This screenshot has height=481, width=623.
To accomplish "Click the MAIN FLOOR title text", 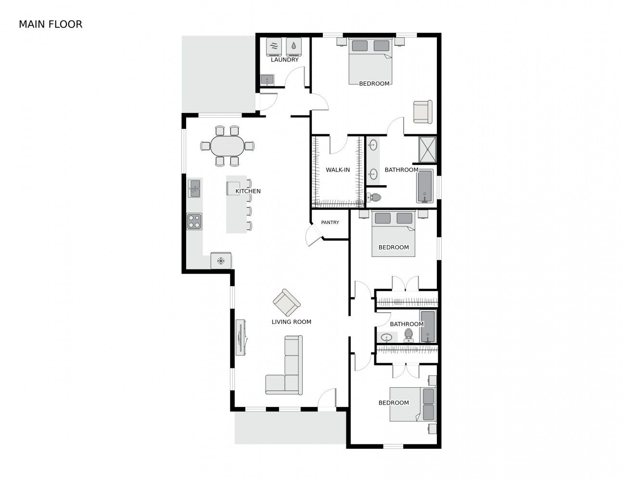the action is point(51,25).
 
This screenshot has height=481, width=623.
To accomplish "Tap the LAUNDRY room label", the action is point(284,60).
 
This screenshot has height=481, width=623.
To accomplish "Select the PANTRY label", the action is point(330,222).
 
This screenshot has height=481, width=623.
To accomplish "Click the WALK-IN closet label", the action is point(338,170).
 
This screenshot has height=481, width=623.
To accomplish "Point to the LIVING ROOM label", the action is point(291,322).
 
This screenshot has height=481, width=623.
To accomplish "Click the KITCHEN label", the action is point(248,191).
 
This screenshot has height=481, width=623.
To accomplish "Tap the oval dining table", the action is point(228,146).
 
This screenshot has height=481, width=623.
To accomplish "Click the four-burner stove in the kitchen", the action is point(194,222).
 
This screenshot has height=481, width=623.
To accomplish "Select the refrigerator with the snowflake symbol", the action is point(221,261).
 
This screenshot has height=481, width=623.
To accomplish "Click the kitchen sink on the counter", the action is point(194,189).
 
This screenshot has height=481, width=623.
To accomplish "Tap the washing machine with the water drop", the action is point(293,47).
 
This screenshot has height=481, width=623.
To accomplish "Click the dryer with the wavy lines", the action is point(274,47).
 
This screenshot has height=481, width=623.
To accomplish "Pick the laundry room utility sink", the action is point(267,80).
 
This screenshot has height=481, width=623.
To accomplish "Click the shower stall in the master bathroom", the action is point(428,149).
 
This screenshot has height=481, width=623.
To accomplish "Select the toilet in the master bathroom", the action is point(374,197).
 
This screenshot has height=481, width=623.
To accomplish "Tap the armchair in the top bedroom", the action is point(422,112).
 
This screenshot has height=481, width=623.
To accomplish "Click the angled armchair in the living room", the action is point(286,303).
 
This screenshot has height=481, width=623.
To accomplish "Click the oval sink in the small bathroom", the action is point(386,338).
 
